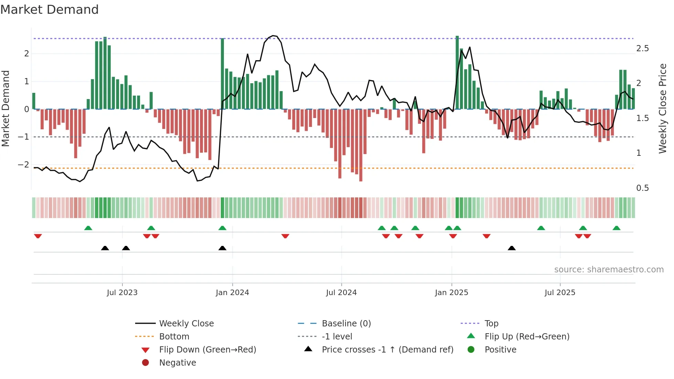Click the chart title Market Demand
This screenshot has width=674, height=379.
(50, 10)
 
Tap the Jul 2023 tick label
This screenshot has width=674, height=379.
(122, 293)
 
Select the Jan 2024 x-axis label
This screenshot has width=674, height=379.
(232, 293)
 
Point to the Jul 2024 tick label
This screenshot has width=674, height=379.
(341, 293)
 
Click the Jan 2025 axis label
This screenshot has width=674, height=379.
(452, 293)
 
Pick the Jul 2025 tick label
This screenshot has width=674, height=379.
(560, 293)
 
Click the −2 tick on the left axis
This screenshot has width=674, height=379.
(24, 165)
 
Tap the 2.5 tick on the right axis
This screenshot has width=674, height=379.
(642, 48)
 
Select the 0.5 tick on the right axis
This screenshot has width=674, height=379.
(642, 188)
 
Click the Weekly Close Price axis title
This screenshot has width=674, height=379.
(663, 108)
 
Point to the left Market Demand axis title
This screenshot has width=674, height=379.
(6, 108)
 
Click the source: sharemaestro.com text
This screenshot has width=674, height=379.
(609, 270)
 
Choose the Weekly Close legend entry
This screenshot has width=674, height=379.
(186, 324)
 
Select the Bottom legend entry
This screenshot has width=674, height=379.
(174, 337)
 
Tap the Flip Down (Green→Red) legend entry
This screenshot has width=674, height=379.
(207, 350)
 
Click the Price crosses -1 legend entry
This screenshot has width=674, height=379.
(387, 350)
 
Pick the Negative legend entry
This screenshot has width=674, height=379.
(177, 363)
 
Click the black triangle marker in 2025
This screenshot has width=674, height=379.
(512, 248)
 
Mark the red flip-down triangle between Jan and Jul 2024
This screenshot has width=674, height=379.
(285, 236)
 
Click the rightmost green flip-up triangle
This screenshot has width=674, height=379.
(617, 228)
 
